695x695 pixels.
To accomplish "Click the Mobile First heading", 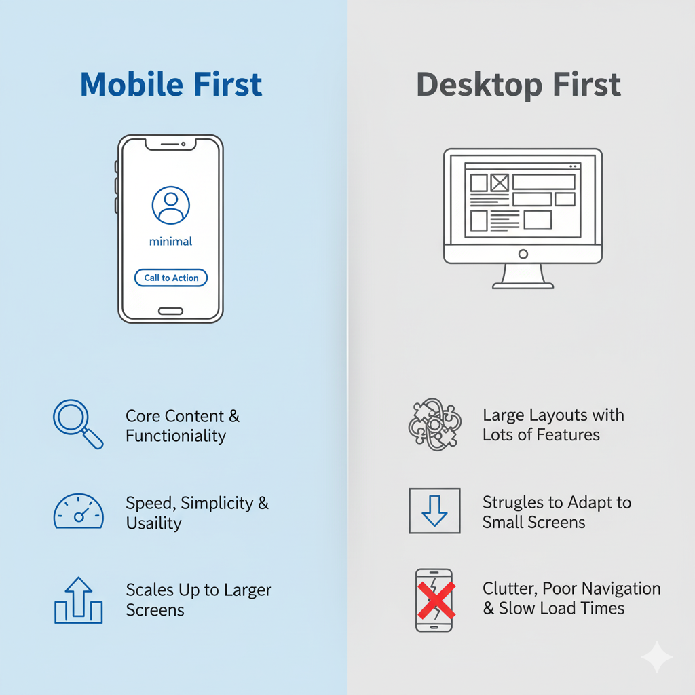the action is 171,84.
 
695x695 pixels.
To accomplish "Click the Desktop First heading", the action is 519,85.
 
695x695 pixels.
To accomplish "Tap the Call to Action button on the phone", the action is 171,278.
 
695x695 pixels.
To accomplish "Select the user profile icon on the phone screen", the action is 170,205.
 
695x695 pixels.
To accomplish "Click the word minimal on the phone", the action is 170,242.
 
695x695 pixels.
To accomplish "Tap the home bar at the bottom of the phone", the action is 170,311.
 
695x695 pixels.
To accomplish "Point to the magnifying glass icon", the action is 78,424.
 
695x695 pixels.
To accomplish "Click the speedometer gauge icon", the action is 79,511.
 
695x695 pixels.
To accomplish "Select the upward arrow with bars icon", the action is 79,600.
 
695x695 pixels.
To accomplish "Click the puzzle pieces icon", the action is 435,424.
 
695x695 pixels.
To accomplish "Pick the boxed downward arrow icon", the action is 434,511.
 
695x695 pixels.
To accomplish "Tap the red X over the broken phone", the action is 436,600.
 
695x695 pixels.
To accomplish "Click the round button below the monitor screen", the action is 523,254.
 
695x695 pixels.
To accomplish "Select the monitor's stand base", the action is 523,286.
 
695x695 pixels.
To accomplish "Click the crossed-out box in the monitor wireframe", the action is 500,183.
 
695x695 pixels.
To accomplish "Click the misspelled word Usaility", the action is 154,523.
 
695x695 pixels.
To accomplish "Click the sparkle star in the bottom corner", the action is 657,657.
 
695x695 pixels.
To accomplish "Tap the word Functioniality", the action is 176,436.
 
